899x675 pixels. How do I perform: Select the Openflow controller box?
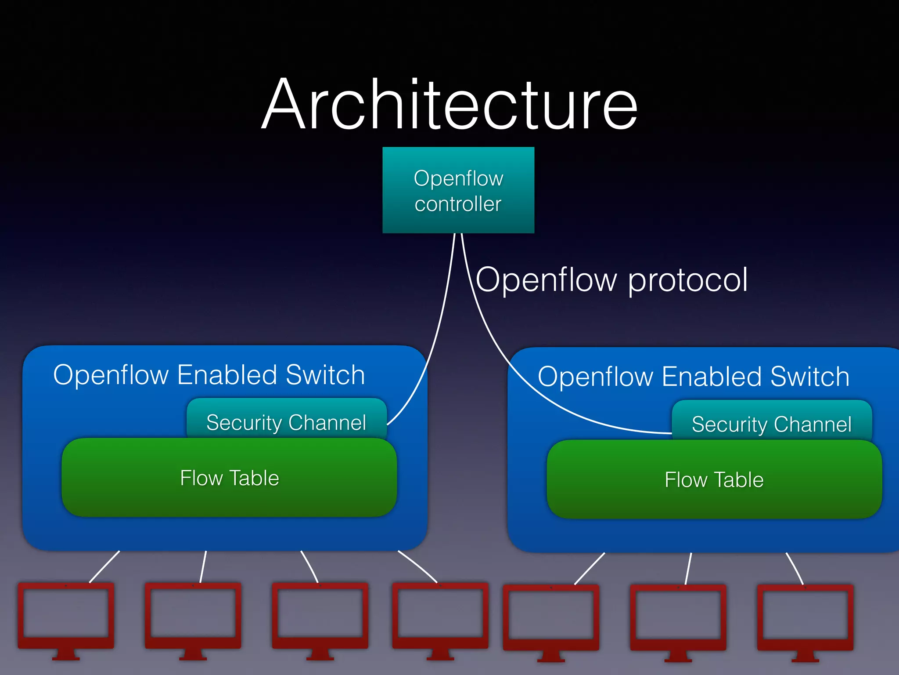pos(458,190)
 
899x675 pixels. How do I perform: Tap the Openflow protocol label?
pos(611,280)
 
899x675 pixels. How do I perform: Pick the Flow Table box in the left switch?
pos(229,478)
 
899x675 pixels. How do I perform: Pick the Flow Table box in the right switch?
pos(714,479)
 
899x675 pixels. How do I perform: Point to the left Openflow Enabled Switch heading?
pos(209,375)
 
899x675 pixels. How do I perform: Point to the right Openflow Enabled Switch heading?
pos(694,377)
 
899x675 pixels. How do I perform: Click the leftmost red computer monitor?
pos(66,615)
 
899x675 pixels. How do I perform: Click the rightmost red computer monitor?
pos(805,617)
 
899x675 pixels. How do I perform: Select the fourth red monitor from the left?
pos(440,615)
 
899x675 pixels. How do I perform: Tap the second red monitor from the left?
pos(193,615)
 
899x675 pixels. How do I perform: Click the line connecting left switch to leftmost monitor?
pos(104,566)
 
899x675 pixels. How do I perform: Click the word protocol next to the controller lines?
pos(688,280)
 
